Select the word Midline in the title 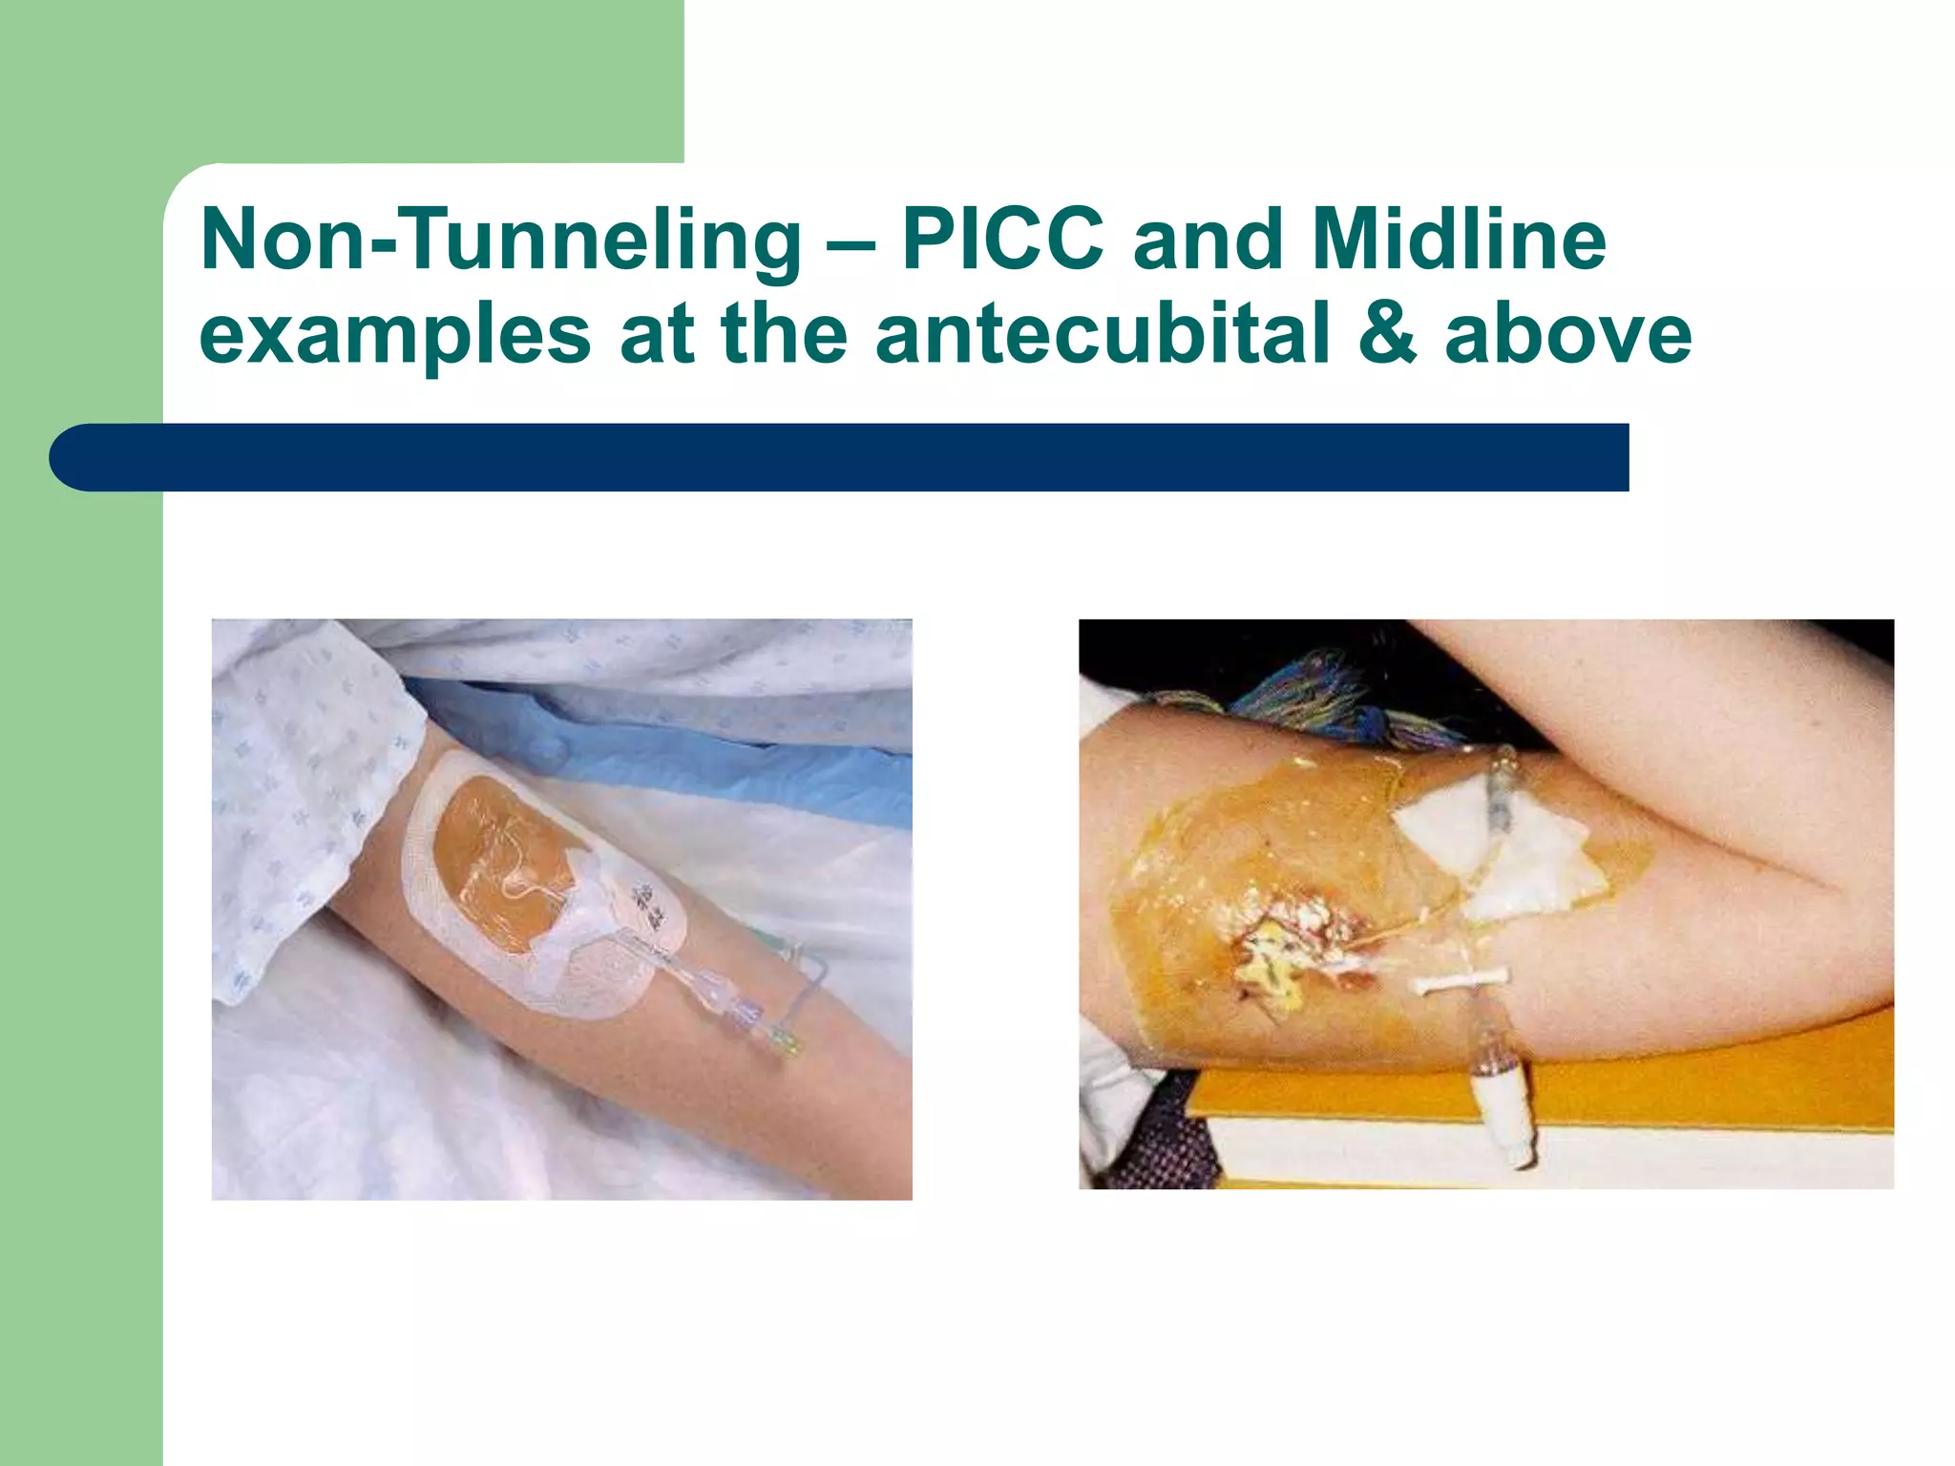(x=1460, y=240)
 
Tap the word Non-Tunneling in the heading (x=501, y=240)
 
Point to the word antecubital (x=1103, y=333)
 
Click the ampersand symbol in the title (x=1387, y=333)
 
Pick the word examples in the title (x=395, y=335)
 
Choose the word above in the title (x=1567, y=333)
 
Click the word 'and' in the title (x=1208, y=240)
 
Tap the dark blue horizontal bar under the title (x=840, y=457)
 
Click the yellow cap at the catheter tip (x=789, y=1045)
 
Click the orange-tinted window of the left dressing (x=496, y=859)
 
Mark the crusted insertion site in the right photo (x=1289, y=945)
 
